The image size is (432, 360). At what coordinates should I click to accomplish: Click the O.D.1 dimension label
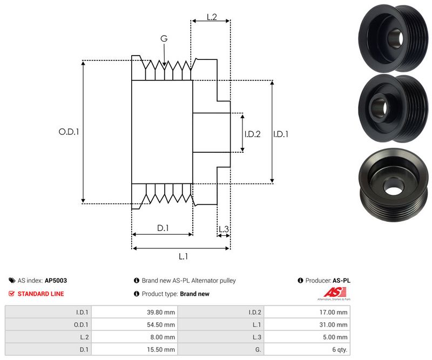point(69,131)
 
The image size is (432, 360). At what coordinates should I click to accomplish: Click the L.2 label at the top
point(211,18)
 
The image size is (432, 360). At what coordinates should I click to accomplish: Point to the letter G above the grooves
point(164,38)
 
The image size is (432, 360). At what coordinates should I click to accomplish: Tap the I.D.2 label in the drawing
point(252,134)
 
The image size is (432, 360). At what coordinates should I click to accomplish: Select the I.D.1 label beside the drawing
point(280,134)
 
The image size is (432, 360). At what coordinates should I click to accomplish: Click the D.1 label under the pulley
point(163,228)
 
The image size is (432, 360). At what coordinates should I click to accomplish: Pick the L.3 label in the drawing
point(224,229)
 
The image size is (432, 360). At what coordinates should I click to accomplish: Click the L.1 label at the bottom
point(183,256)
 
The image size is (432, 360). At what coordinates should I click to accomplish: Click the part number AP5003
point(56,281)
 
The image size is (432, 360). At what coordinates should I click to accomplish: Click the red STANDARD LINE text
point(40,294)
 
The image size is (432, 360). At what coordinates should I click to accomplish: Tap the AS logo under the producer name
point(333,294)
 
